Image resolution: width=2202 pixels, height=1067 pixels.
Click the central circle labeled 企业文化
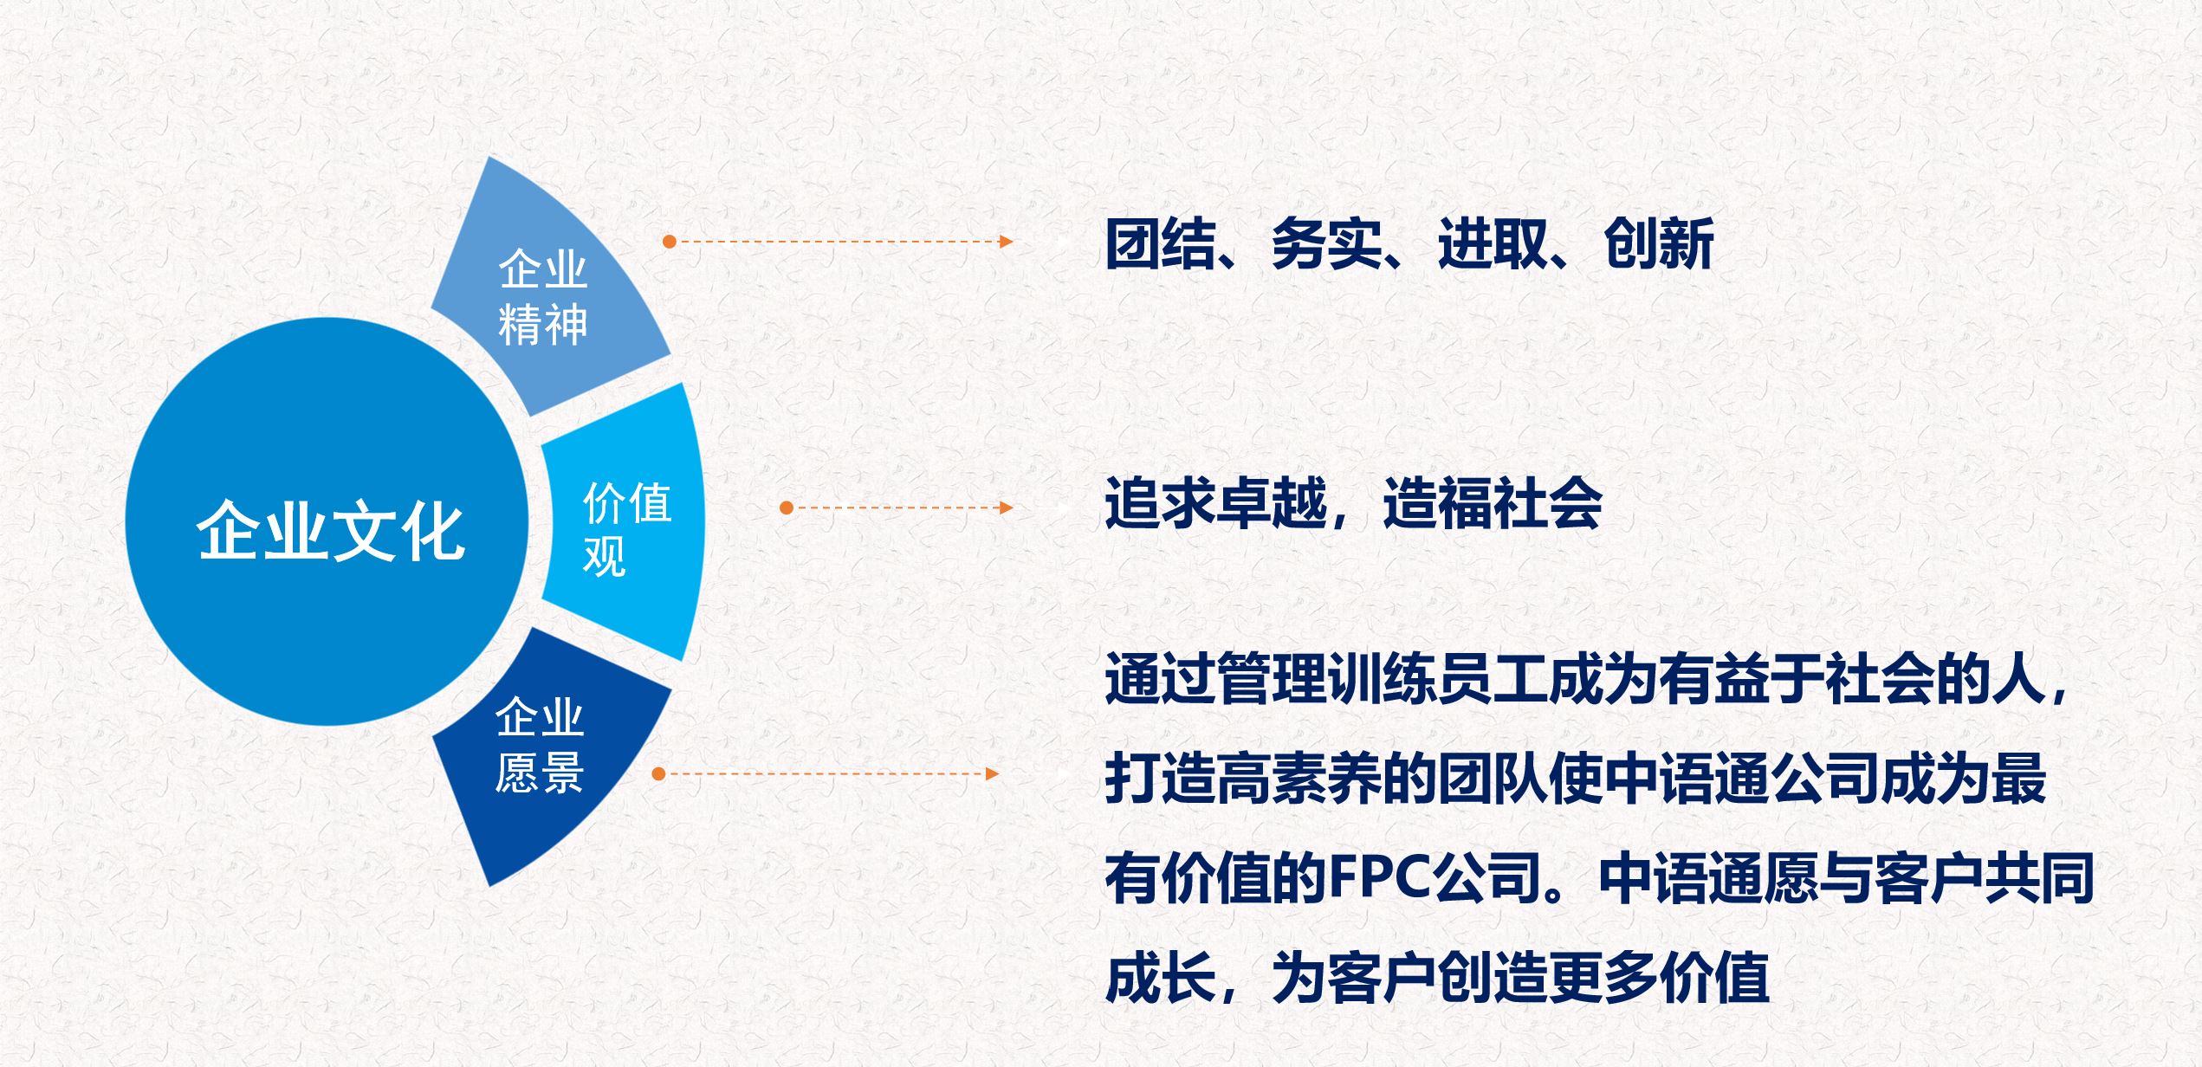click(327, 522)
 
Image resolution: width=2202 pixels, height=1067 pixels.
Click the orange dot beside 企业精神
click(669, 242)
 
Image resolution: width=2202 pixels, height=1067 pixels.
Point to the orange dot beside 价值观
click(787, 508)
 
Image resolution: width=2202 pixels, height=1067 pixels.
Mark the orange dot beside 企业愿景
click(658, 773)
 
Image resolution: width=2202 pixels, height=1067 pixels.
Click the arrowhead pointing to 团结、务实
click(1006, 242)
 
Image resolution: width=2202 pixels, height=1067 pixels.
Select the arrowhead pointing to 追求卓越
click(1006, 508)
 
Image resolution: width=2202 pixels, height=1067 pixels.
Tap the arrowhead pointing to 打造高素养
click(993, 773)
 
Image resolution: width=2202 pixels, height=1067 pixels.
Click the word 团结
click(1161, 244)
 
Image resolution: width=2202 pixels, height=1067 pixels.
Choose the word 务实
click(1326, 244)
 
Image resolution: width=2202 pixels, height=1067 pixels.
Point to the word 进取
click(1493, 244)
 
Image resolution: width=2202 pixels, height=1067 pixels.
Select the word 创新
click(1659, 244)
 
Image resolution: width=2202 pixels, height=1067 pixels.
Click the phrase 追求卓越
click(1215, 503)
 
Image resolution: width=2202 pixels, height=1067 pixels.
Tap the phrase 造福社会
click(1493, 503)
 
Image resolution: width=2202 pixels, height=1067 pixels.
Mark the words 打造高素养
click(1243, 779)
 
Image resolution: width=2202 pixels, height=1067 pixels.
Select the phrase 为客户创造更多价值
click(1520, 978)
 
